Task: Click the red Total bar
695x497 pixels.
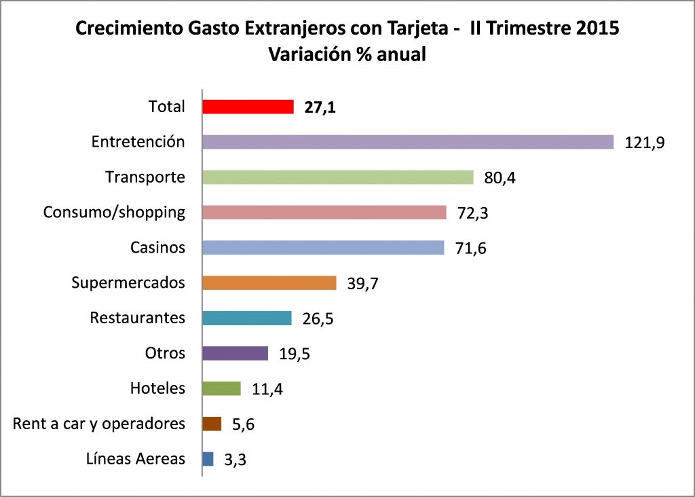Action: (x=248, y=107)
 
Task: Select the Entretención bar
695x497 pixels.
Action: (x=408, y=142)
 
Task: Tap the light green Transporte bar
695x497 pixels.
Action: (x=338, y=177)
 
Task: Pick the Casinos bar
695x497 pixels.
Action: (x=324, y=248)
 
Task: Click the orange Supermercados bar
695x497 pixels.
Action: (x=269, y=283)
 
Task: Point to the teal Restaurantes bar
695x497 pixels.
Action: (x=247, y=318)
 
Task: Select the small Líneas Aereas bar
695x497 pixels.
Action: (x=208, y=459)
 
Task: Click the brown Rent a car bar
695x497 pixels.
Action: (x=212, y=424)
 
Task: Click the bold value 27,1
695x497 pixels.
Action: (x=321, y=107)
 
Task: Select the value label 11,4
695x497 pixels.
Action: (x=267, y=389)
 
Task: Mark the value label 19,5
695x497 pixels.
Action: (x=294, y=354)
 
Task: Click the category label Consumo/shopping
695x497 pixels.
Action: (x=114, y=213)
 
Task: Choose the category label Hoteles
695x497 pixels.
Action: (x=157, y=388)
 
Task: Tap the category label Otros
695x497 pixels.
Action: (x=165, y=353)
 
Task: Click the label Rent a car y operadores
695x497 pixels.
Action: (x=99, y=424)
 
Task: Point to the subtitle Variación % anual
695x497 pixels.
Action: (x=347, y=54)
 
